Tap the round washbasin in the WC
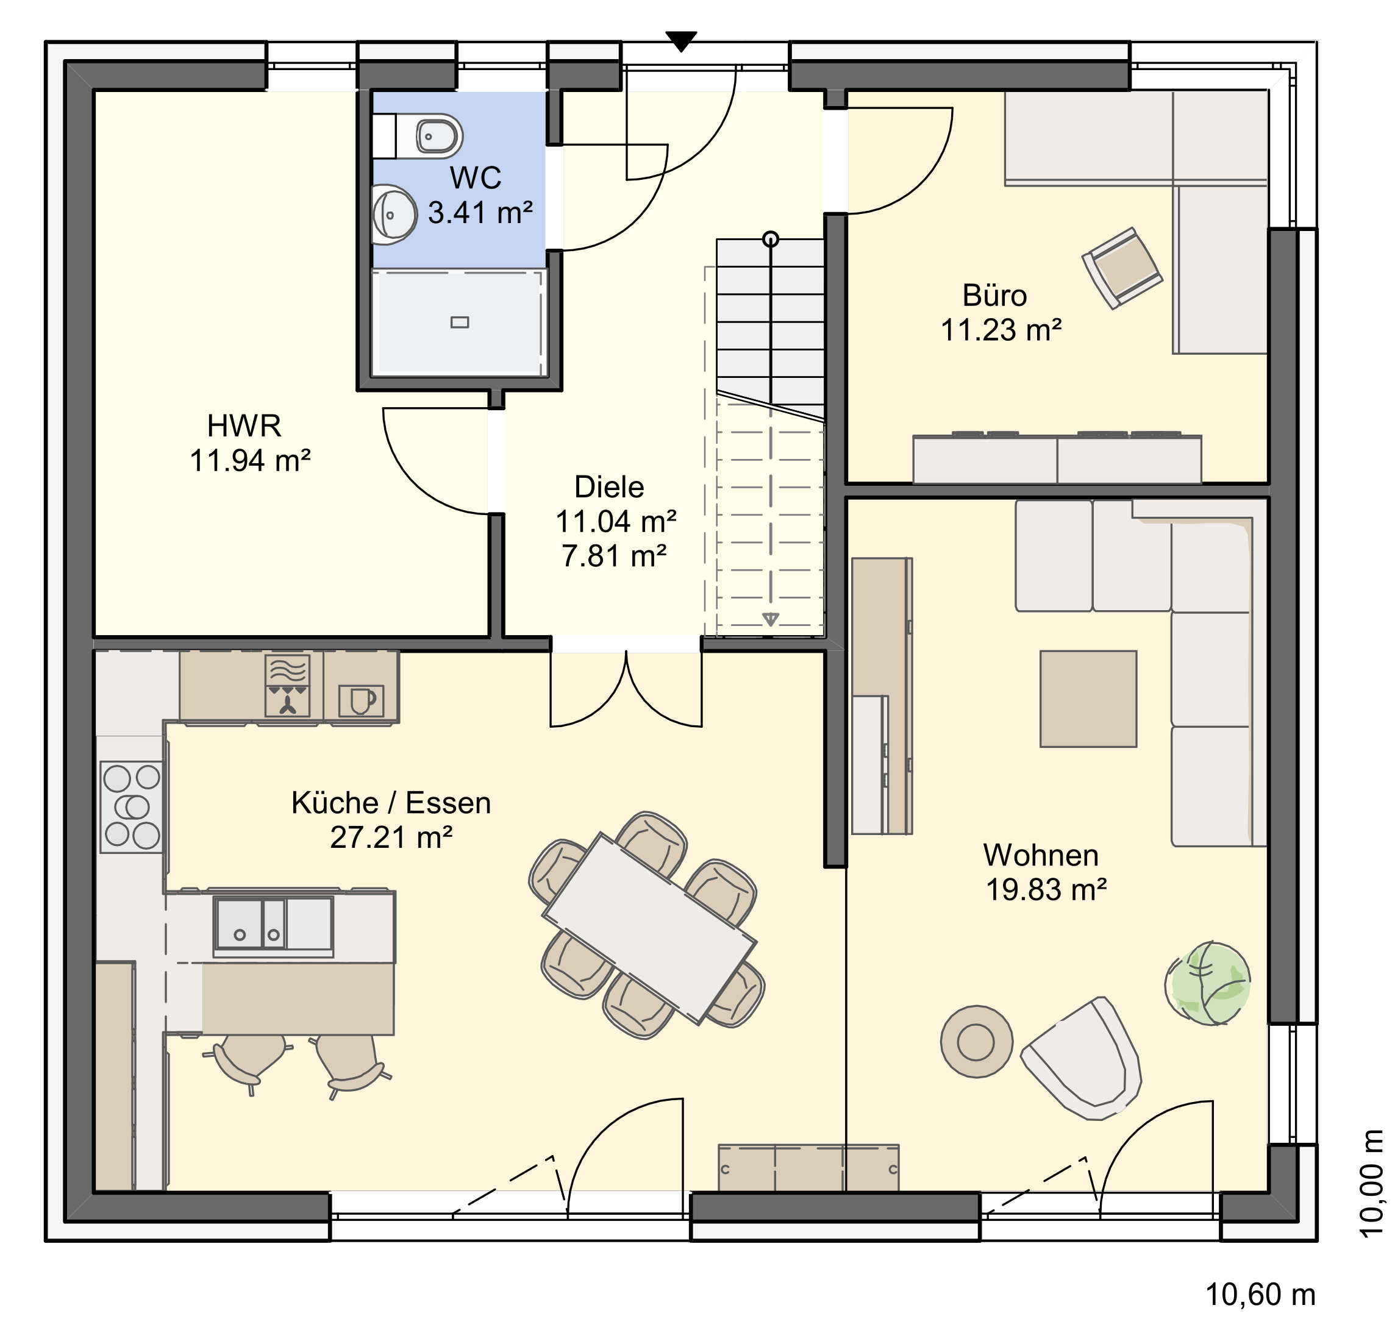(x=394, y=214)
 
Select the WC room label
(x=476, y=177)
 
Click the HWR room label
(x=244, y=425)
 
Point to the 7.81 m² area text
(x=614, y=555)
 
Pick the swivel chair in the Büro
(x=1121, y=267)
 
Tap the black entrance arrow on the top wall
(x=680, y=41)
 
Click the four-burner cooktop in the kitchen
(x=132, y=806)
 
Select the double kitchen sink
(x=274, y=926)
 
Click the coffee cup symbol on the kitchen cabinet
(x=362, y=700)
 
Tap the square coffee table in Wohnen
(x=1088, y=698)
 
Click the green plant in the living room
(x=1208, y=983)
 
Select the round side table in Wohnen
(x=977, y=1041)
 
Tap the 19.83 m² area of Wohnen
(x=1046, y=889)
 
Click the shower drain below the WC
(x=460, y=322)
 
